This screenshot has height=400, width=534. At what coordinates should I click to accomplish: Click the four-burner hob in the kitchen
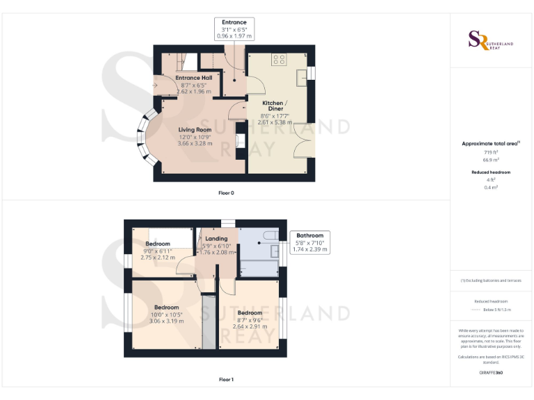(280, 60)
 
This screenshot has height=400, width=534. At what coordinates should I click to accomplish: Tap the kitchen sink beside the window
(302, 78)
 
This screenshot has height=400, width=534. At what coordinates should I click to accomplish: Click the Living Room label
(195, 130)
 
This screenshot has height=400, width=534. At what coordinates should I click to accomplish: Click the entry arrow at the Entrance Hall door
(158, 86)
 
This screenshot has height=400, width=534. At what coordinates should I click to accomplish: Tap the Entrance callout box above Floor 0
(234, 28)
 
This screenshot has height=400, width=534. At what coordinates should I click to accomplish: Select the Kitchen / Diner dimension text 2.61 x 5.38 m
(273, 122)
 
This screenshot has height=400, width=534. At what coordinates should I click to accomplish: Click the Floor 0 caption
(226, 192)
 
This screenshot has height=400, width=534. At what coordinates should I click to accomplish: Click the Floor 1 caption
(226, 380)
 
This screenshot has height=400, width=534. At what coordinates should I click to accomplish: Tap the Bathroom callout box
(309, 242)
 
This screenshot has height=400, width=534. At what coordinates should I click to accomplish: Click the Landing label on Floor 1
(216, 238)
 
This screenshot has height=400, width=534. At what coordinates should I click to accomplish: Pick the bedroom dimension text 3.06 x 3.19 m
(167, 321)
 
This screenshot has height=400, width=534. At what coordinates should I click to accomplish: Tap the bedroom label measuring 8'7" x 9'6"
(250, 312)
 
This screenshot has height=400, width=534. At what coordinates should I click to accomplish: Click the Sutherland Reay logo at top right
(491, 40)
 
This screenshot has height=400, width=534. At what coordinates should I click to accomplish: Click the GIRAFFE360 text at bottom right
(491, 373)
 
